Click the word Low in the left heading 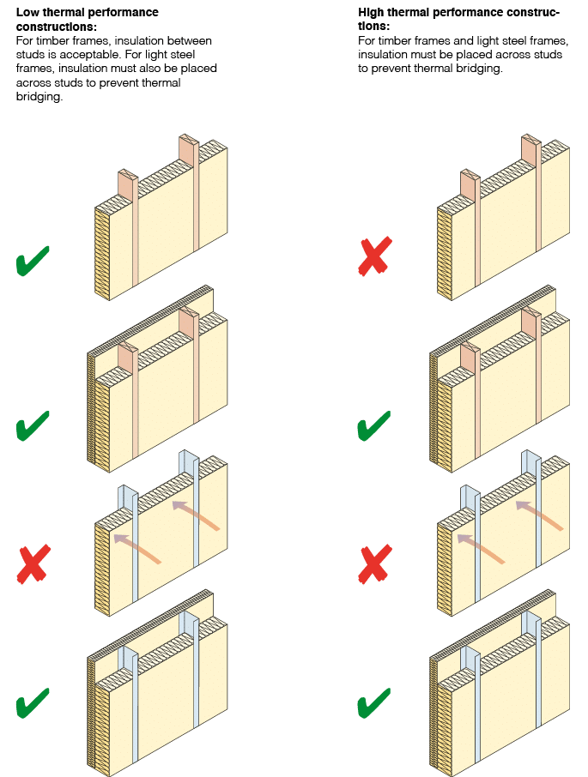(27, 13)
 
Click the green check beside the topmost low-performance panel (33, 262)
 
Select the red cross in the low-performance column (33, 563)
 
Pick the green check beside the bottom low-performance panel (33, 704)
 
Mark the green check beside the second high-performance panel (373, 425)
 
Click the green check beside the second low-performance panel (33, 426)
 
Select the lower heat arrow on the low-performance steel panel (137, 548)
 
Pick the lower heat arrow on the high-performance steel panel (480, 548)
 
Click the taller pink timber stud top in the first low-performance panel (188, 148)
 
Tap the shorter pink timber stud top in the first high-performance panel (469, 184)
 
